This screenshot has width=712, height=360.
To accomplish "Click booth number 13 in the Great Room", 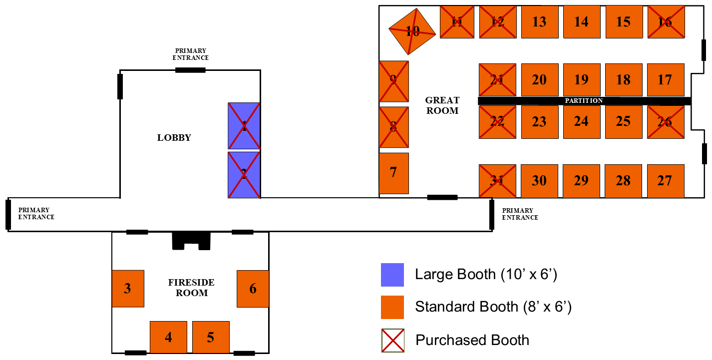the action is [540, 21].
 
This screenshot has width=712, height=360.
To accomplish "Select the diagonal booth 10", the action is [412, 31].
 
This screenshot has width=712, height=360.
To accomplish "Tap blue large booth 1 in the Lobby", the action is [244, 126].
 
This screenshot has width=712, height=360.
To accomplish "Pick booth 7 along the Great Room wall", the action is [394, 173].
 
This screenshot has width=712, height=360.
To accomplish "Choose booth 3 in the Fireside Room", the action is [128, 289].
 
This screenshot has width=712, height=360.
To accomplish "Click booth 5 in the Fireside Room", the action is [211, 337].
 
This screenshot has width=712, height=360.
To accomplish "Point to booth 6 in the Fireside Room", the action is [253, 289].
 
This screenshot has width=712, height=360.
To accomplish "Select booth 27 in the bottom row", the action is [666, 181].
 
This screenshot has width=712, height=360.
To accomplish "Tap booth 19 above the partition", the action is [582, 79].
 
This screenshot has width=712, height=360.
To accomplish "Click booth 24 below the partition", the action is [582, 122].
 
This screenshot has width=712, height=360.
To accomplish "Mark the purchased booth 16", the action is [666, 21].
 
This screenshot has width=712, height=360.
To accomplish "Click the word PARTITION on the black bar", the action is [584, 101].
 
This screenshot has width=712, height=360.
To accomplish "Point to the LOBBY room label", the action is [174, 138].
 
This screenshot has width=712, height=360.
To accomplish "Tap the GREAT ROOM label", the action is [442, 105].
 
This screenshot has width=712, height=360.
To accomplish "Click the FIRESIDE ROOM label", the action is [191, 288].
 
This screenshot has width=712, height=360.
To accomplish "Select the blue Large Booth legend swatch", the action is [392, 275].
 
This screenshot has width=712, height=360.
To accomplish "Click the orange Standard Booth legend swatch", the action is [392, 307].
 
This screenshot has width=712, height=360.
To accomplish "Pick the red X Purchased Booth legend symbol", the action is [393, 341].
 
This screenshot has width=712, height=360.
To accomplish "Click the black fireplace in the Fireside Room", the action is [191, 241].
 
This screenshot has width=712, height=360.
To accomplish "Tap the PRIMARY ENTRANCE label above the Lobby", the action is [191, 54].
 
